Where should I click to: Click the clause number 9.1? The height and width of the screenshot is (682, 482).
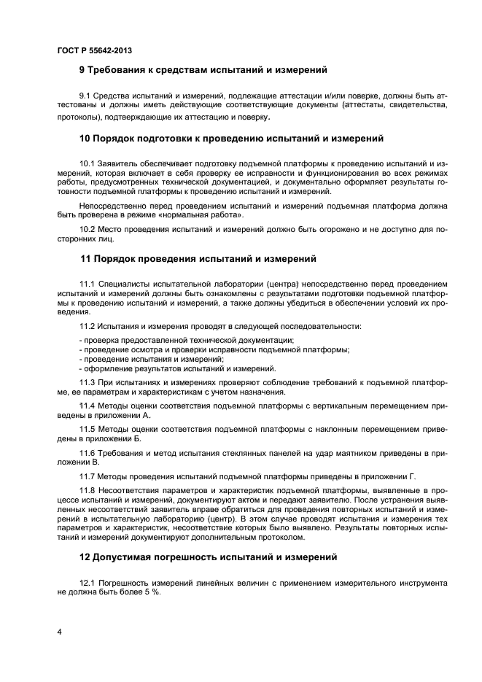coord(85,96)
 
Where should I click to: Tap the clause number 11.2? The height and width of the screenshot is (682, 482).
coord(88,325)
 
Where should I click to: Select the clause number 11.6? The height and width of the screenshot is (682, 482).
coord(88,453)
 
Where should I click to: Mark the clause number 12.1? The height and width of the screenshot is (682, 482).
coord(88,583)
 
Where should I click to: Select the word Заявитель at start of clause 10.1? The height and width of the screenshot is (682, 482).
coord(119,163)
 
